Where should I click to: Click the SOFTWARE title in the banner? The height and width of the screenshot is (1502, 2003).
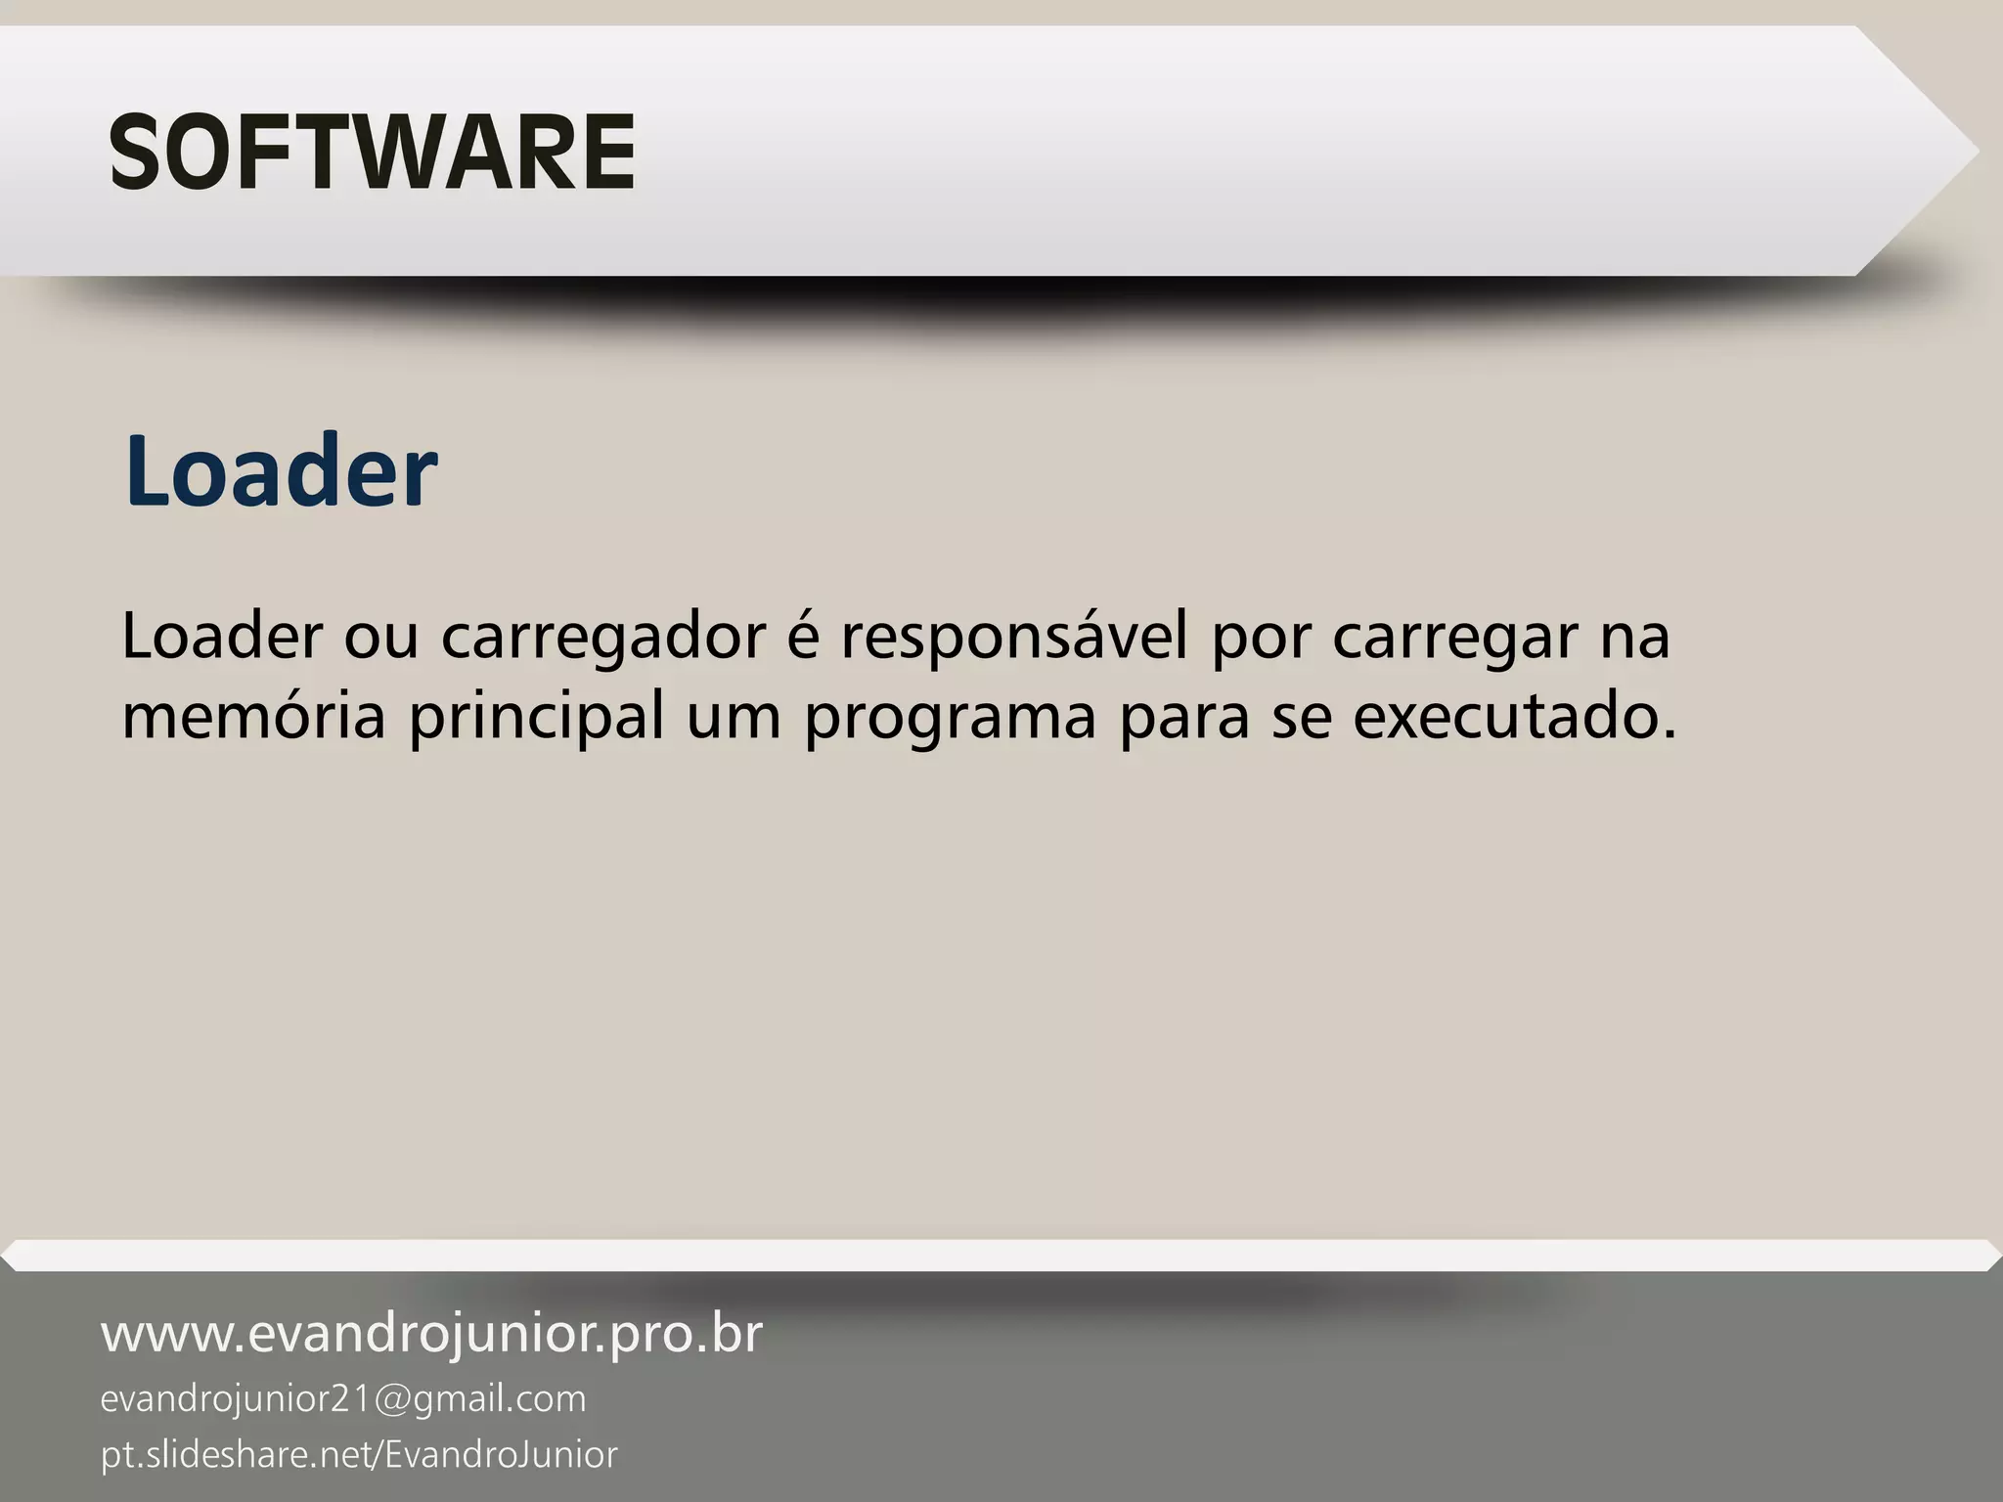click(372, 153)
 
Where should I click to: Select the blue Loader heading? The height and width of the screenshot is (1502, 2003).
click(281, 471)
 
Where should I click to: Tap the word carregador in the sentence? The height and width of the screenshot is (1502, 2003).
click(602, 638)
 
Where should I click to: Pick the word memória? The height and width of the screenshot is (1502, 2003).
click(253, 716)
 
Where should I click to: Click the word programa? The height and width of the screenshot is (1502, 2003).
click(950, 718)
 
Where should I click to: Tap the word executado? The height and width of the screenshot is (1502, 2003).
click(1515, 716)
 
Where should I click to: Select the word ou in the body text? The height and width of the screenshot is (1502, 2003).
click(380, 638)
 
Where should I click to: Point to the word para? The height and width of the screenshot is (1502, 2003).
click(1183, 718)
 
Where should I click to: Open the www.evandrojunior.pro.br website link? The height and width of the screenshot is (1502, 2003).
click(431, 1334)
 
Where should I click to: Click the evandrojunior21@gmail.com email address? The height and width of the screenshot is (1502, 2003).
click(343, 1399)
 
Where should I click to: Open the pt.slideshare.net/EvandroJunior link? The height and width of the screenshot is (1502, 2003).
click(359, 1454)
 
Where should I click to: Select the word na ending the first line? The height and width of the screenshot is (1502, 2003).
click(1634, 638)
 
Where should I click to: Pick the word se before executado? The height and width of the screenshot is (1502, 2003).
click(1301, 718)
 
